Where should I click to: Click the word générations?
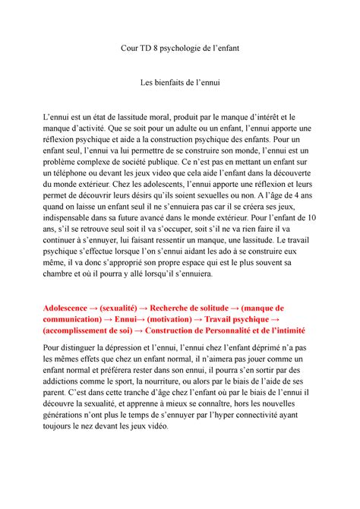click(84, 416)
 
